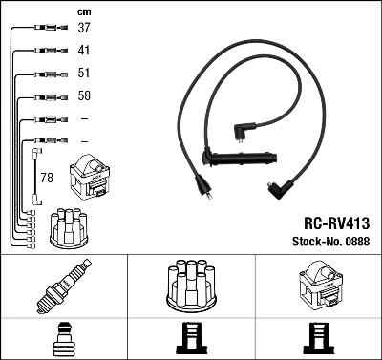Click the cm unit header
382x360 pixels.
coord(84,11)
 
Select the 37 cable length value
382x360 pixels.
coord(84,28)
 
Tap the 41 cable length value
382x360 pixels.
coord(84,50)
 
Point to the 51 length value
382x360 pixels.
coord(84,73)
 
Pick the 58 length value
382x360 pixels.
coord(84,96)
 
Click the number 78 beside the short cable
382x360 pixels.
coord(46,178)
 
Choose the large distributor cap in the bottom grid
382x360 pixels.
coord(190,287)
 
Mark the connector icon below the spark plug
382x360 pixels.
coord(63,339)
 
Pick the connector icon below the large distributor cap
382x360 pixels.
coord(190,339)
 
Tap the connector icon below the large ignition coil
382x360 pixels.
coord(317,339)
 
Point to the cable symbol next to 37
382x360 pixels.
coord(45,28)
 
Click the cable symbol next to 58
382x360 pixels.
coord(45,96)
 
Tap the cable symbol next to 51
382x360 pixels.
coord(45,74)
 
